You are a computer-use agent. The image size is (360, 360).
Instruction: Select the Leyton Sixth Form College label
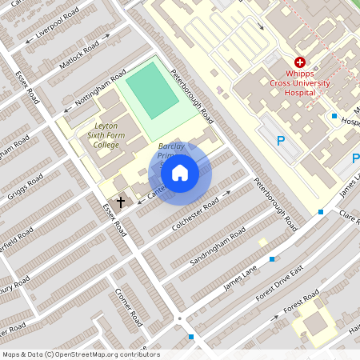tap(106, 135)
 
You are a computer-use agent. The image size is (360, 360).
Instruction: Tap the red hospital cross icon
tap(300, 62)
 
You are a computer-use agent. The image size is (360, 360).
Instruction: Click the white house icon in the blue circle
tap(180, 173)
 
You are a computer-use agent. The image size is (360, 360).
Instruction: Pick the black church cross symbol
tap(121, 202)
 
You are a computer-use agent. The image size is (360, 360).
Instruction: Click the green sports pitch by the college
tap(151, 90)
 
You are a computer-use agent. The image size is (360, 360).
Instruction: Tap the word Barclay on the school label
tap(171, 147)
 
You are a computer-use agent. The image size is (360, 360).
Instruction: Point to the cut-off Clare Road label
tap(350, 217)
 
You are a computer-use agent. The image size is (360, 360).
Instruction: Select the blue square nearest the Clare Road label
tap(321, 212)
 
